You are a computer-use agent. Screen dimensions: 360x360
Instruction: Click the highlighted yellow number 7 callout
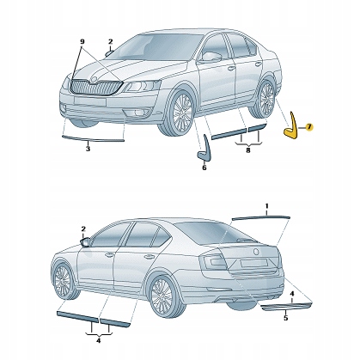(x=309, y=126)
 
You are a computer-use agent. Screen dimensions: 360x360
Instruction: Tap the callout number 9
(x=82, y=41)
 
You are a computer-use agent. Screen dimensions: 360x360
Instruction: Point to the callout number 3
(x=88, y=149)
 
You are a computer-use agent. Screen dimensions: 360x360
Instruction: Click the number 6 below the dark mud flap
(x=204, y=168)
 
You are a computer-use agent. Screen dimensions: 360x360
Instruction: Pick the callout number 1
(x=266, y=207)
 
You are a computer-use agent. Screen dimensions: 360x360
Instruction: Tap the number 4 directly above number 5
(x=293, y=295)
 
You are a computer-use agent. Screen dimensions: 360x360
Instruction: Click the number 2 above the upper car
(x=110, y=41)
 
